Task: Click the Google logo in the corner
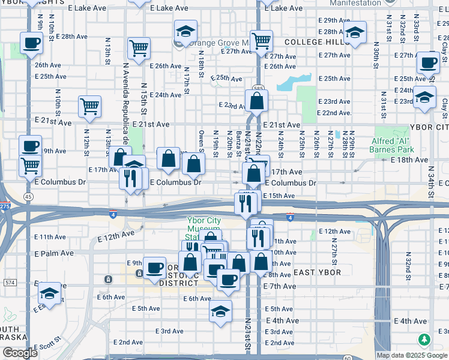click(20, 353)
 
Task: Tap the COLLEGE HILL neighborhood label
click(317, 42)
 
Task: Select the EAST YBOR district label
click(317, 272)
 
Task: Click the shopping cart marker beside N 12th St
click(89, 107)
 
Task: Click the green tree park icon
click(425, 340)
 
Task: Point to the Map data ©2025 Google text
click(412, 355)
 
